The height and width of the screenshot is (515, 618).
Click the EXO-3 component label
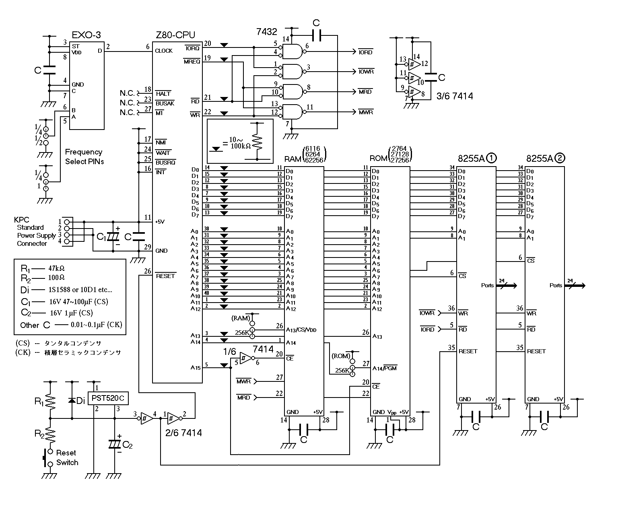87,35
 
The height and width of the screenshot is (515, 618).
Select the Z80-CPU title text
175,35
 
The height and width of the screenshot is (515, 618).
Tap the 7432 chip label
267,31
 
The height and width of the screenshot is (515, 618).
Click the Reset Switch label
66,458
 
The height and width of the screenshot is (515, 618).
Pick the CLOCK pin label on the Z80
164,51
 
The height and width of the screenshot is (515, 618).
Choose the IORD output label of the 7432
365,52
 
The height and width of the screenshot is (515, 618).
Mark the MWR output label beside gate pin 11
366,112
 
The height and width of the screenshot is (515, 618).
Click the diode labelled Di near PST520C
72,400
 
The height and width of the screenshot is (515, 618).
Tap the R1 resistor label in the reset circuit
39,401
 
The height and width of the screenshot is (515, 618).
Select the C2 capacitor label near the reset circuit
128,445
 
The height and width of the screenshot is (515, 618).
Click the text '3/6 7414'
455,96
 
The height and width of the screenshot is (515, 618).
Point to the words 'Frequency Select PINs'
84,157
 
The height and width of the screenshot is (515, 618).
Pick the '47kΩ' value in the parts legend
56,268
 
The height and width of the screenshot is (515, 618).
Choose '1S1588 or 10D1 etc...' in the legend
80,290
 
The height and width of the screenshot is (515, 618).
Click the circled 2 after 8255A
560,158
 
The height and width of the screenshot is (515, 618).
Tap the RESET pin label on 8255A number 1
468,351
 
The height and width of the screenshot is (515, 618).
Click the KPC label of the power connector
21,220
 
